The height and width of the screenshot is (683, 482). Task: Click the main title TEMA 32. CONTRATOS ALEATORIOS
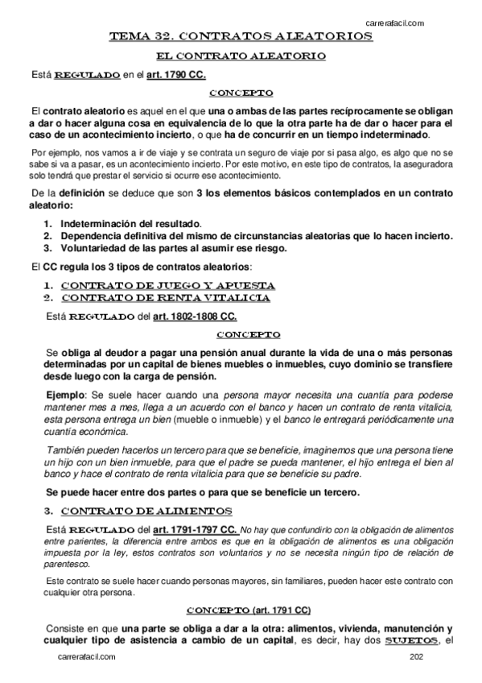(241, 37)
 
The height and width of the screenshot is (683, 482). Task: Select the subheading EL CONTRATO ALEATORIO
(241, 56)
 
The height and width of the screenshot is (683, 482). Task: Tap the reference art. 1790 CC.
(175, 75)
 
